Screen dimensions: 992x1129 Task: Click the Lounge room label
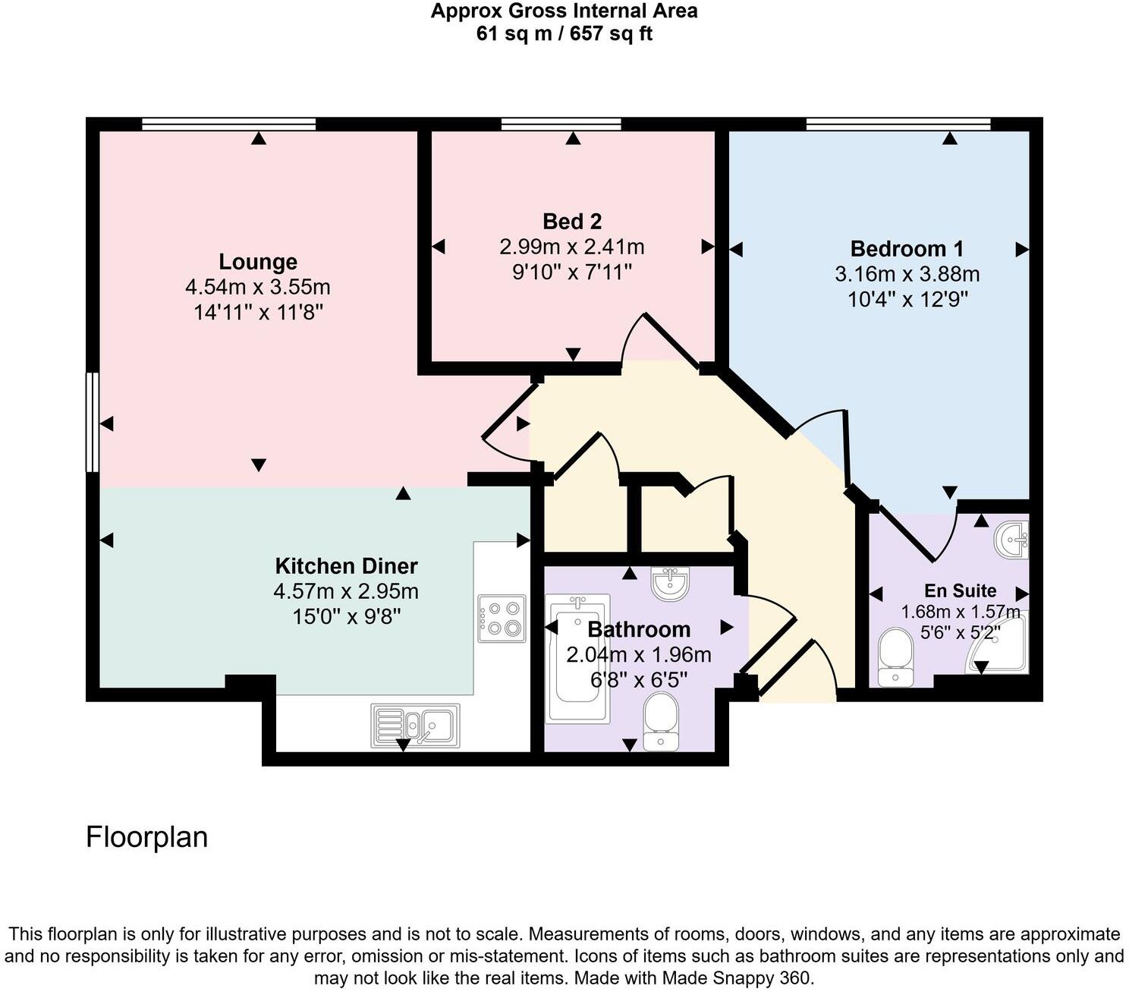coord(258,262)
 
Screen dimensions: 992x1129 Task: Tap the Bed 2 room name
coord(572,222)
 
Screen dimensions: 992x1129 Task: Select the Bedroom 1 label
coord(907,249)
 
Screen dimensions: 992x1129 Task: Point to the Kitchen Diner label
coord(346,566)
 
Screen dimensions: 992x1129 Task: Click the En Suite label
coord(960,590)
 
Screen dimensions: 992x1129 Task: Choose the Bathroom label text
coord(639,629)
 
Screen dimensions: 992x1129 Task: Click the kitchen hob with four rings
coord(502,619)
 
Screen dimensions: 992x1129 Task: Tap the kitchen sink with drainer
coord(415,726)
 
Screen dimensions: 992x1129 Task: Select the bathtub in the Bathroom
coord(578,657)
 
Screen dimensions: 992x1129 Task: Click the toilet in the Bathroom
coord(661,720)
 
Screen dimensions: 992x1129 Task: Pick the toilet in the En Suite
coord(895,657)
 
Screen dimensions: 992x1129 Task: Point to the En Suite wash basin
coord(1012,540)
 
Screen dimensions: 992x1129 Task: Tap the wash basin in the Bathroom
coord(670,583)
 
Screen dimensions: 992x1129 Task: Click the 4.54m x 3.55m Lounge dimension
coord(258,288)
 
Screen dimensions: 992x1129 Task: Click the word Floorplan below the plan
coord(146,836)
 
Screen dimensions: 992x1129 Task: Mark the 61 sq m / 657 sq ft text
coord(564,34)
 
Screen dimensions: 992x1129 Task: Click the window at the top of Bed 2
coord(561,124)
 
